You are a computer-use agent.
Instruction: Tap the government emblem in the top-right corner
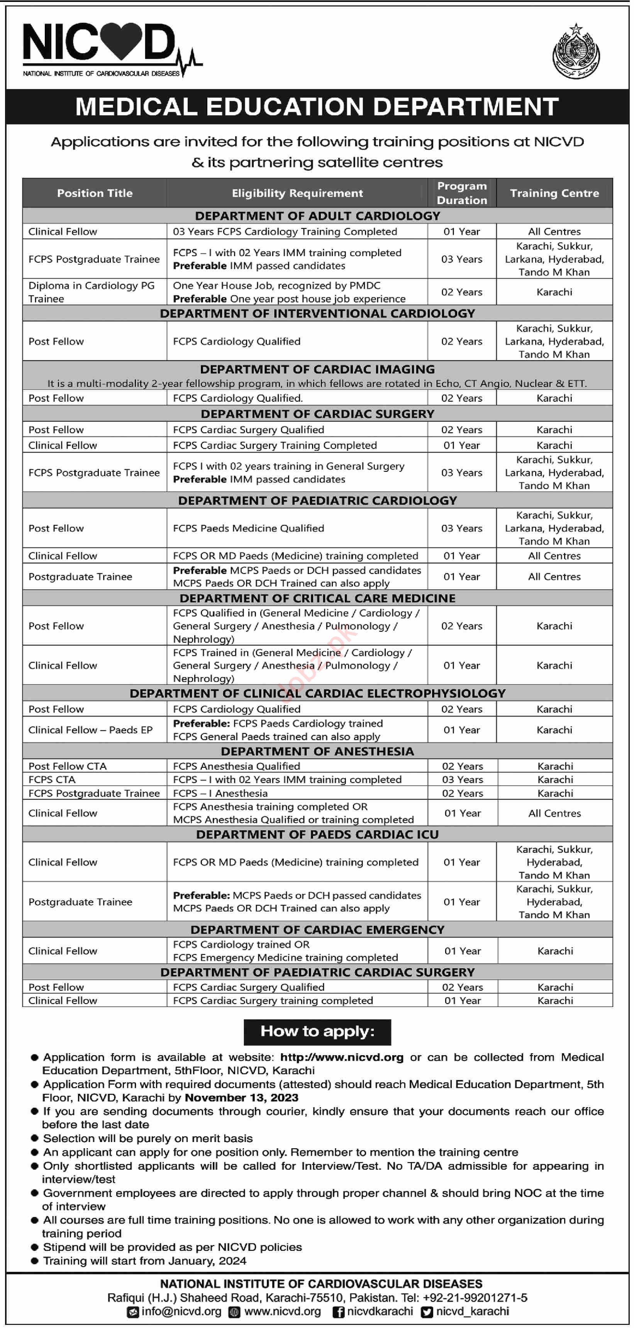click(576, 52)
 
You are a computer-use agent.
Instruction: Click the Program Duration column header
click(462, 193)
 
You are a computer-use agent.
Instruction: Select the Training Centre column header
click(554, 193)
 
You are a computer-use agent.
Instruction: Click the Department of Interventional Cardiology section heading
click(317, 313)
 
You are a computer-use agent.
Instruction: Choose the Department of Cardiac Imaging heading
click(317, 369)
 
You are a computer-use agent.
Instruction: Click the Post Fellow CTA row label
click(68, 766)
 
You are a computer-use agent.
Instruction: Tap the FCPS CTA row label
click(52, 779)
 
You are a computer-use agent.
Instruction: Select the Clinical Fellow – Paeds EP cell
click(90, 730)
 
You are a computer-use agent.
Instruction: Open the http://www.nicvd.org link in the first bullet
click(341, 1058)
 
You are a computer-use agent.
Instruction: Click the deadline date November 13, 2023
click(241, 1098)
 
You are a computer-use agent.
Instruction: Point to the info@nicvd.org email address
click(181, 1311)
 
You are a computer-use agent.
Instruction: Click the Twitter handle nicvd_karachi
click(472, 1311)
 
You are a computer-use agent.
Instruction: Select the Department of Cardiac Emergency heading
click(317, 929)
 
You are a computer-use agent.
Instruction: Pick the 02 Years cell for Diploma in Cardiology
click(462, 292)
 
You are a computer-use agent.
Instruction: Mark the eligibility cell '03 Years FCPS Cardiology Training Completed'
click(285, 231)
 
